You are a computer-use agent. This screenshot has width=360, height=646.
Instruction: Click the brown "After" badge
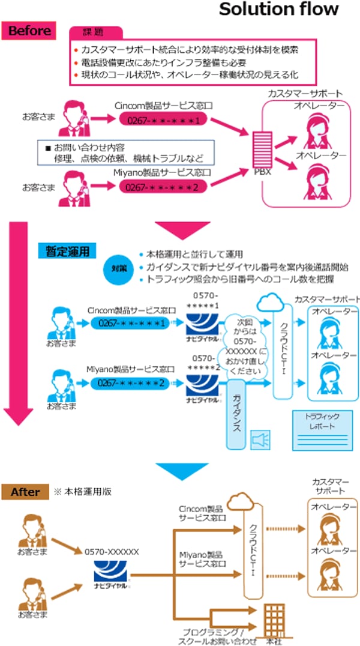pos(26,492)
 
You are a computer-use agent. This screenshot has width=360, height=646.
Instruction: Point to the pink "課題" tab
pos(96,32)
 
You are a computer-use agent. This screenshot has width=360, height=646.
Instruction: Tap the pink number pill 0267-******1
pos(162,120)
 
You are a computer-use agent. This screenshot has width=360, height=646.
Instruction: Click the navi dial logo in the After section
pos(112,577)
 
